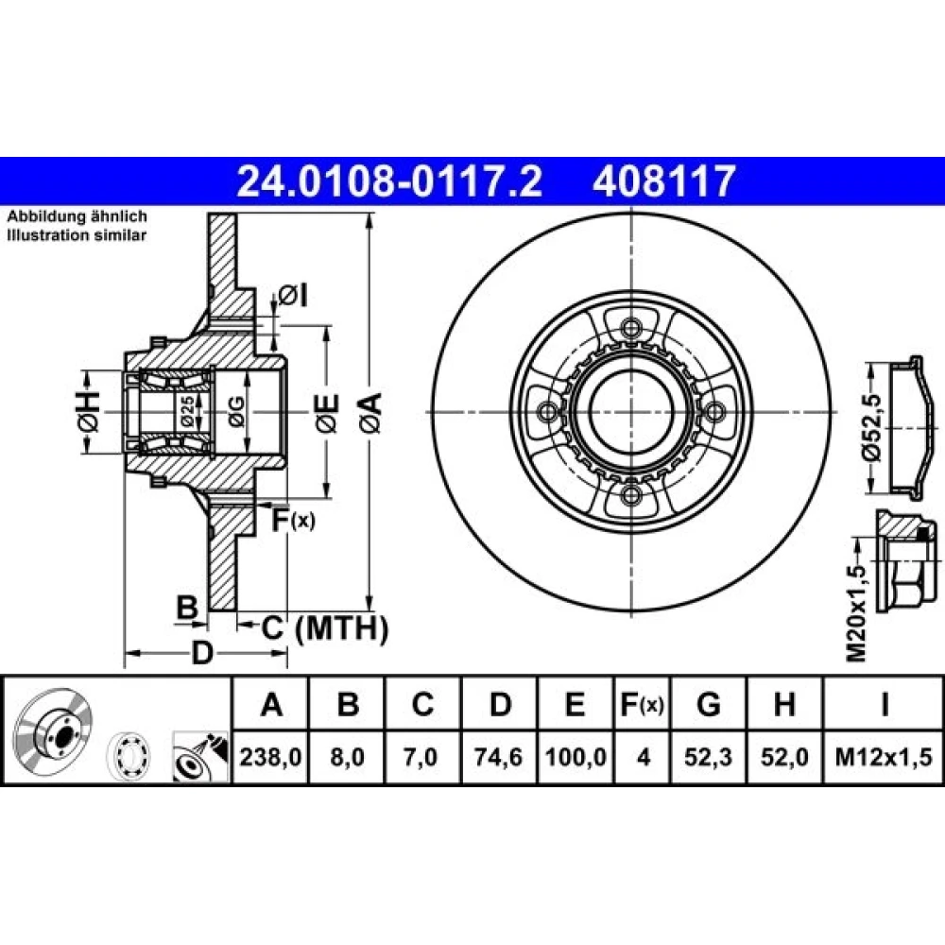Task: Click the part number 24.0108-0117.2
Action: tap(390, 180)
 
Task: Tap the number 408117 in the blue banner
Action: tap(664, 180)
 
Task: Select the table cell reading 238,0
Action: tap(270, 756)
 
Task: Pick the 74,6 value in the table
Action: tap(498, 756)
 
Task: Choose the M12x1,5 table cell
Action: tap(884, 756)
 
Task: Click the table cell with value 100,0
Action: tap(576, 756)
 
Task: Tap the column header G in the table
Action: tap(708, 703)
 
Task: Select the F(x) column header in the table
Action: tap(643, 703)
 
